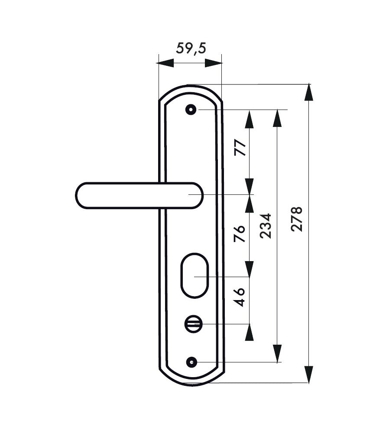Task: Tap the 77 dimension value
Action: pos(240,148)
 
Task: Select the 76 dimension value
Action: pos(240,234)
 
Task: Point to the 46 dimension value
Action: pos(240,297)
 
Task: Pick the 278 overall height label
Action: pos(297,219)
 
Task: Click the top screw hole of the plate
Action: pos(191,110)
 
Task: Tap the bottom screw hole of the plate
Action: pos(192,362)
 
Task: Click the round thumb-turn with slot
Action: pos(193,324)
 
